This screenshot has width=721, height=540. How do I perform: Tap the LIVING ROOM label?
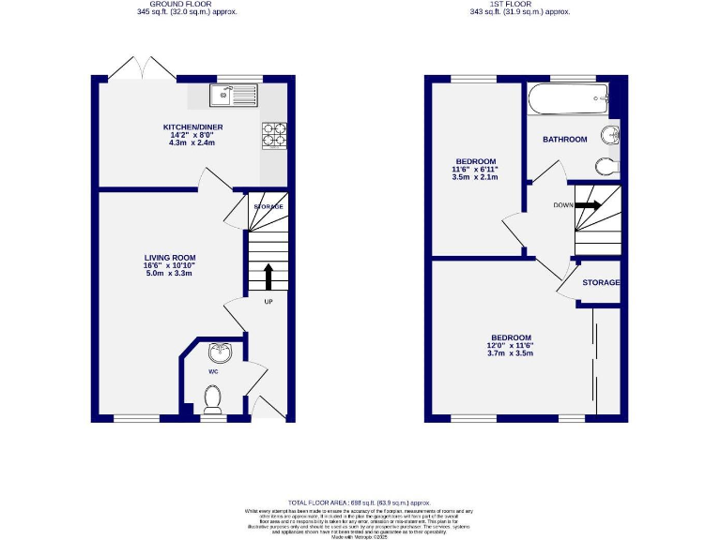[169, 257]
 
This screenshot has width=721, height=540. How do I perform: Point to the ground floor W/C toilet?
[213, 400]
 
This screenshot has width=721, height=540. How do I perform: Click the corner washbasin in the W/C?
[222, 353]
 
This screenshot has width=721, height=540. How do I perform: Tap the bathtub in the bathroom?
[567, 97]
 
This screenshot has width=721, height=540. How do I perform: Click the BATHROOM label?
[564, 140]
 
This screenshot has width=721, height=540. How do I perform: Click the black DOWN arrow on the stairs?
[591, 205]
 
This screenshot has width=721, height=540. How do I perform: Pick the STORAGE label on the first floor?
[601, 282]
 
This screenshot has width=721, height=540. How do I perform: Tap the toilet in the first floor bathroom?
[606, 166]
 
